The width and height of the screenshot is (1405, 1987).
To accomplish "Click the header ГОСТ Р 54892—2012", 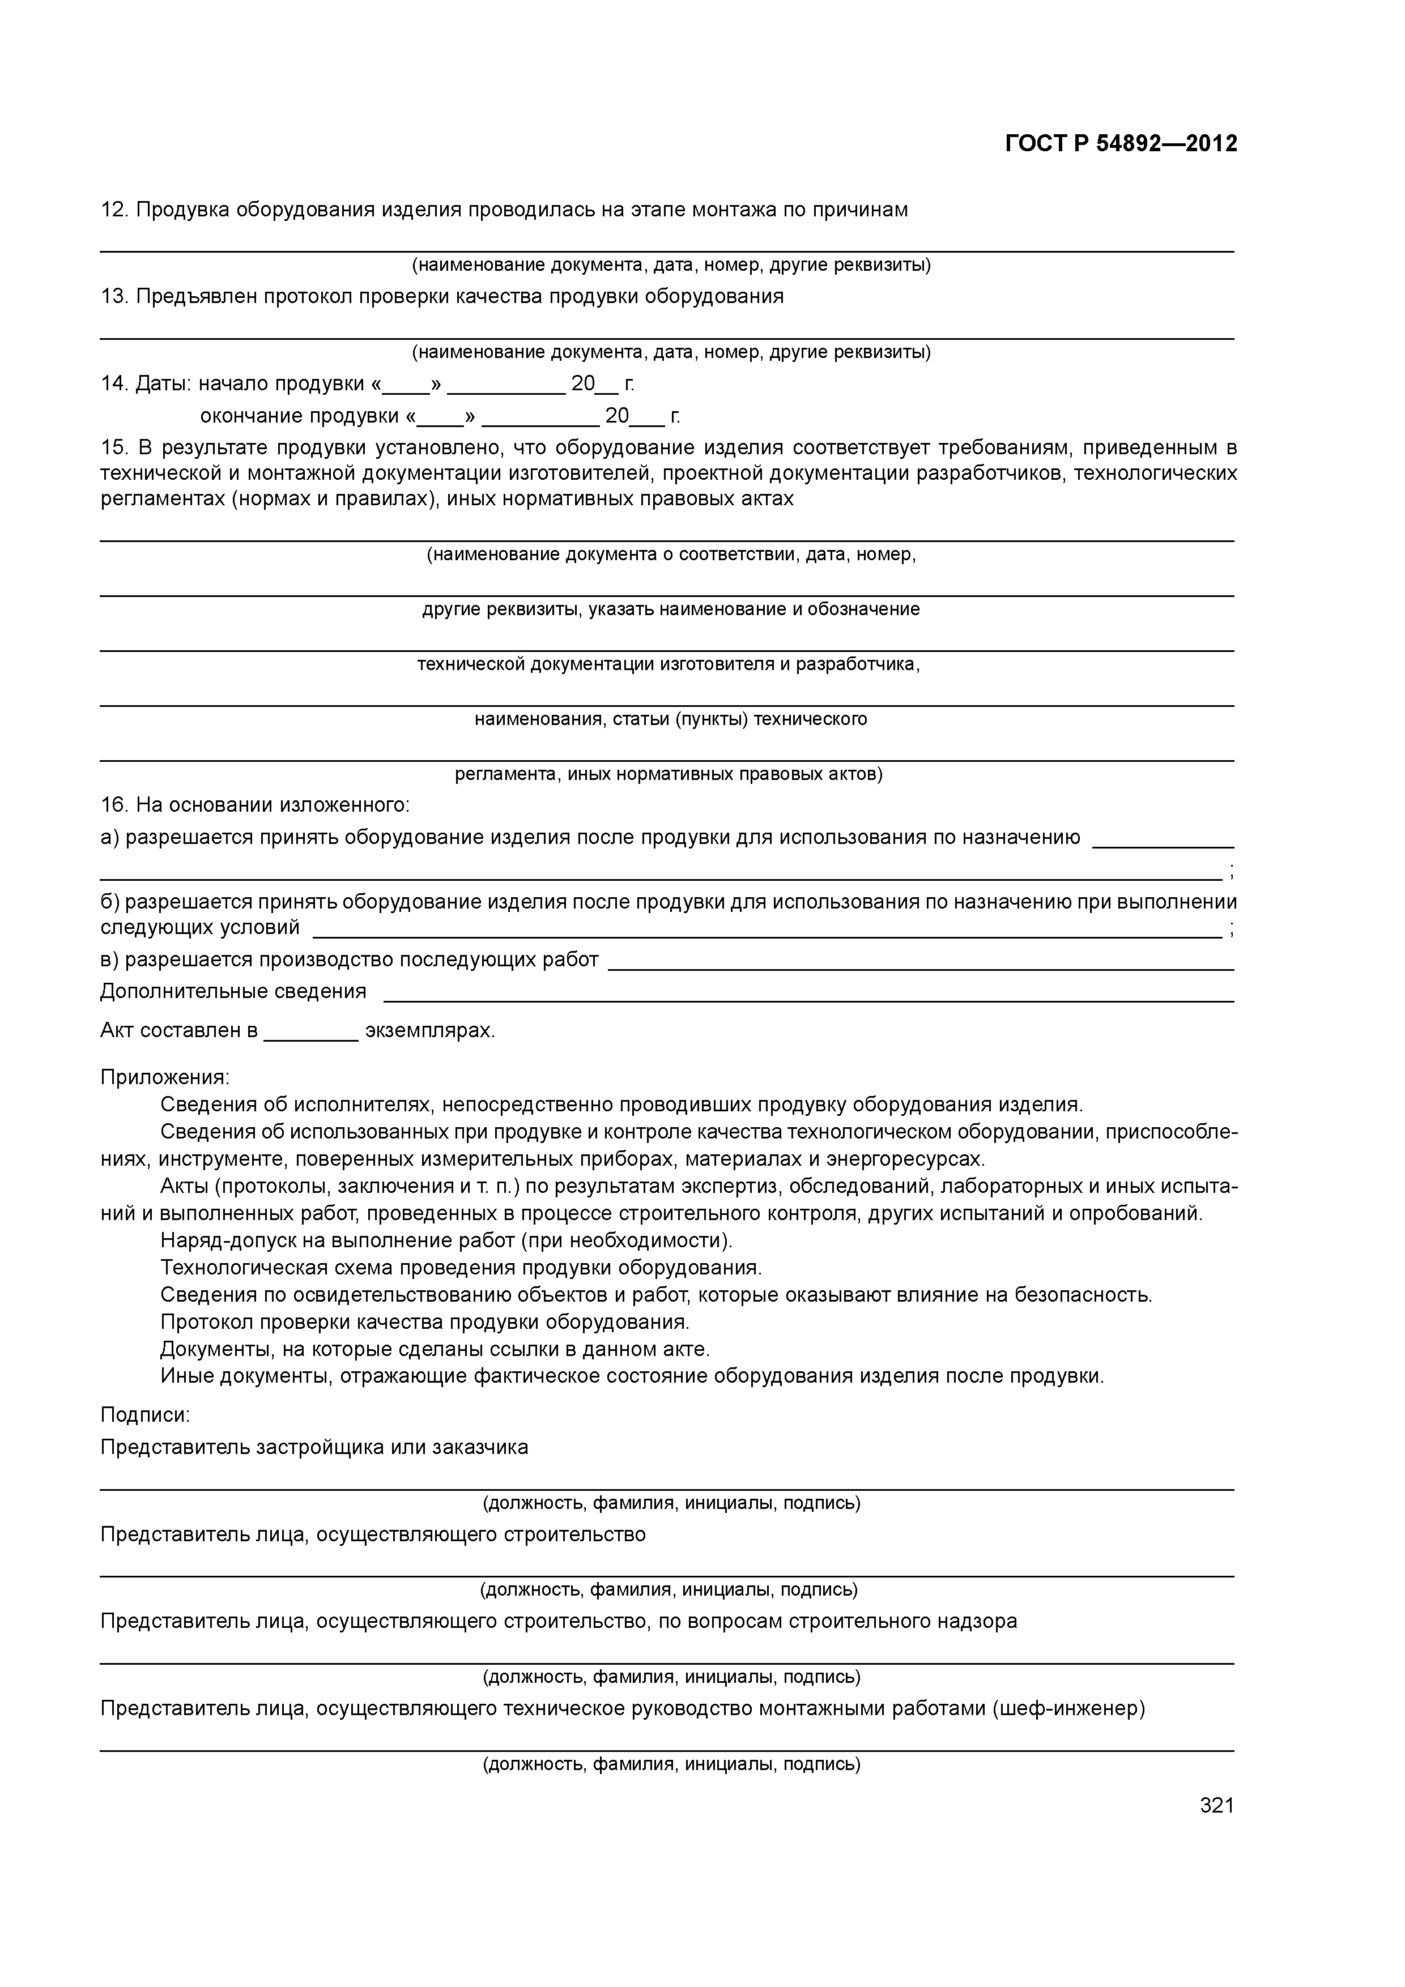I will click(x=1121, y=144).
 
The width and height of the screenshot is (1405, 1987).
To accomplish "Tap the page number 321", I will click(x=1216, y=1805).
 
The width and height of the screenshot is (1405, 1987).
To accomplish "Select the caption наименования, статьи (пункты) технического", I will click(x=670, y=719).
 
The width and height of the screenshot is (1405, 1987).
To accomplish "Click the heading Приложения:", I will click(x=164, y=1077).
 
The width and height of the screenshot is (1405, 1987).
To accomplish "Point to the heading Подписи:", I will click(x=144, y=1415).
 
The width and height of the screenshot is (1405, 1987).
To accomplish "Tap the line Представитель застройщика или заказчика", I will click(x=313, y=1447).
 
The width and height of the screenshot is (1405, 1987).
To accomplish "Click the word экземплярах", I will click(x=429, y=1031).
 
